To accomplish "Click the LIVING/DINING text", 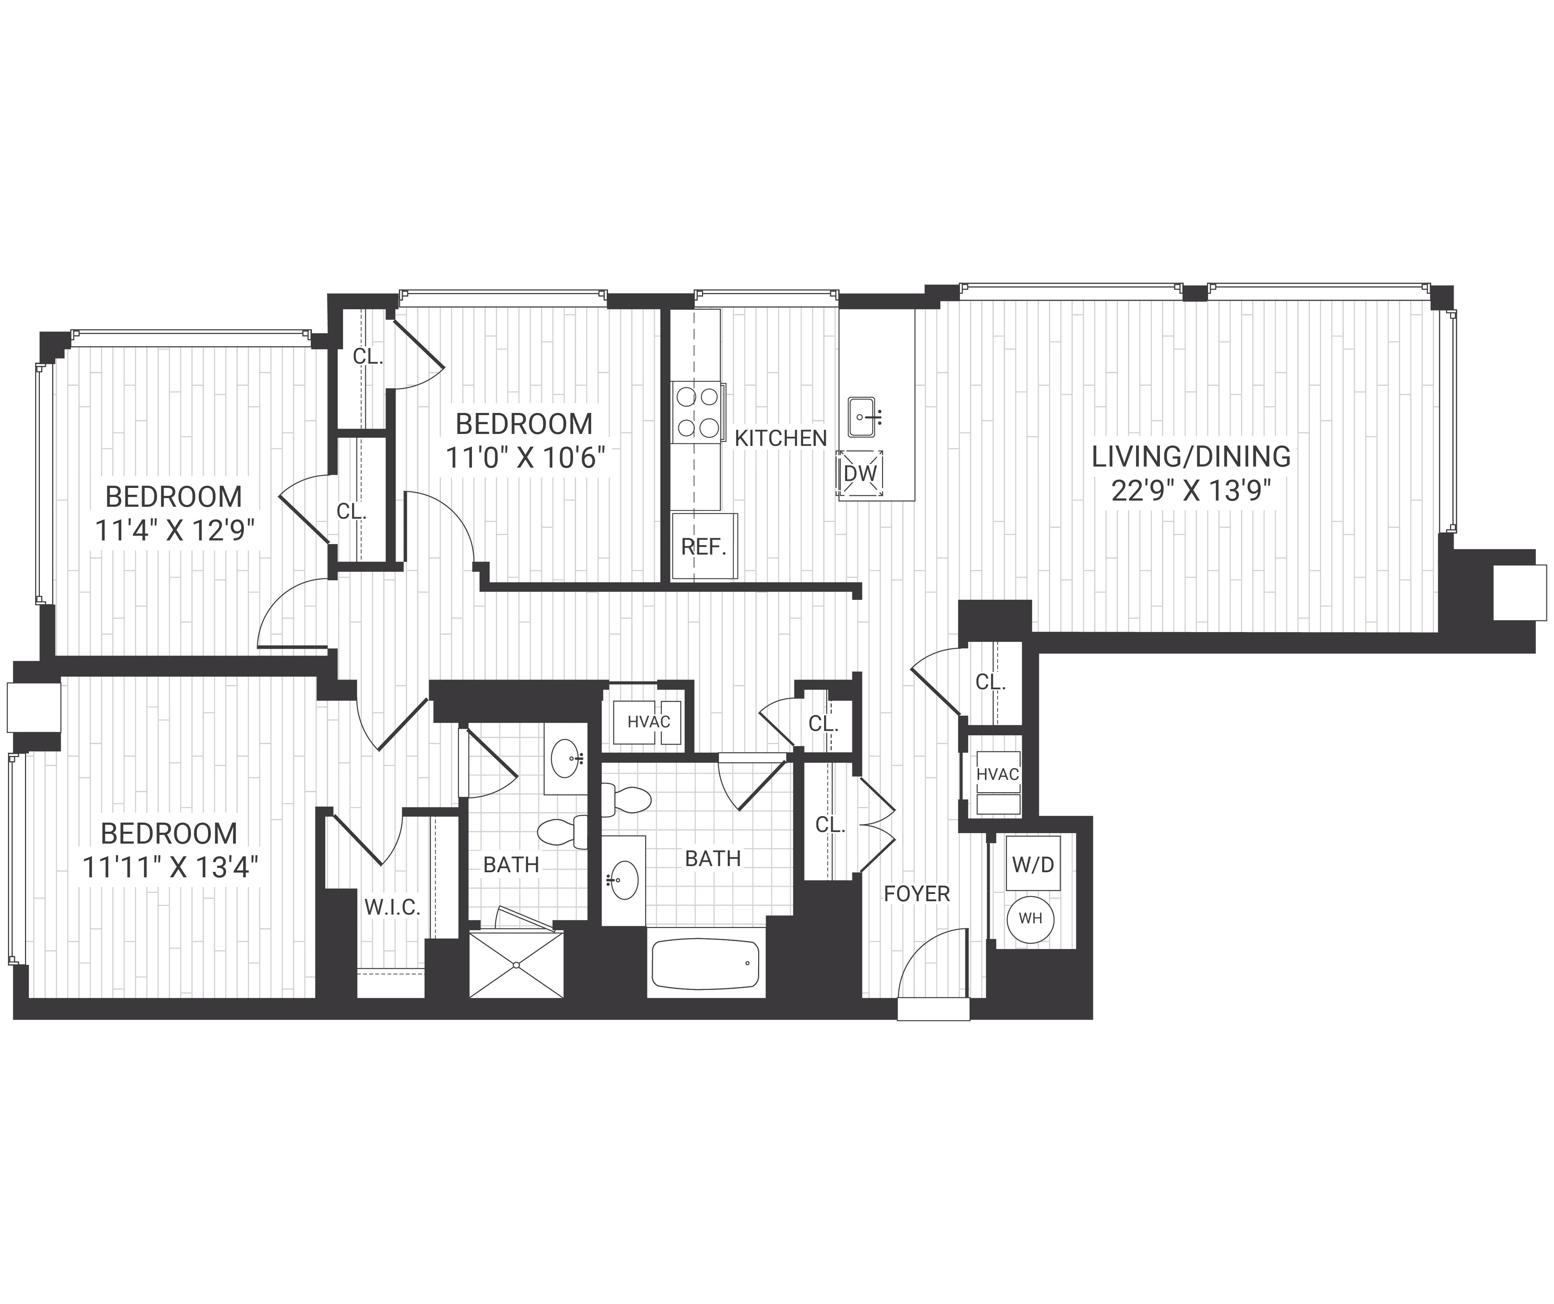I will [1191, 457].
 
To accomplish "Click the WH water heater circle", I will [1030, 919].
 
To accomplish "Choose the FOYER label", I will [916, 894].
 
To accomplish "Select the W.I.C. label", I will [392, 907].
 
